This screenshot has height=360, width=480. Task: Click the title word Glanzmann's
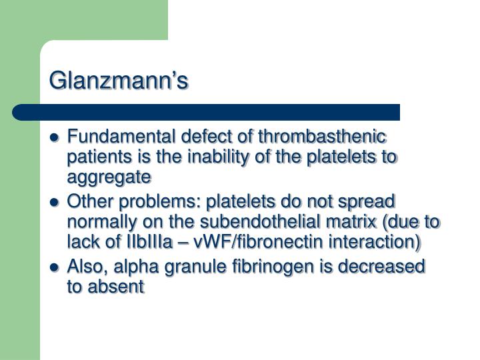coord(119,80)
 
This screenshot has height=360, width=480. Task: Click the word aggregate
coord(109,177)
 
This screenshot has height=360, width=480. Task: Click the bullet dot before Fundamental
coord(56,139)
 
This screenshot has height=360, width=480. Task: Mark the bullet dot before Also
coord(56,267)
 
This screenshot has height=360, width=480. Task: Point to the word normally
coord(111,221)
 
